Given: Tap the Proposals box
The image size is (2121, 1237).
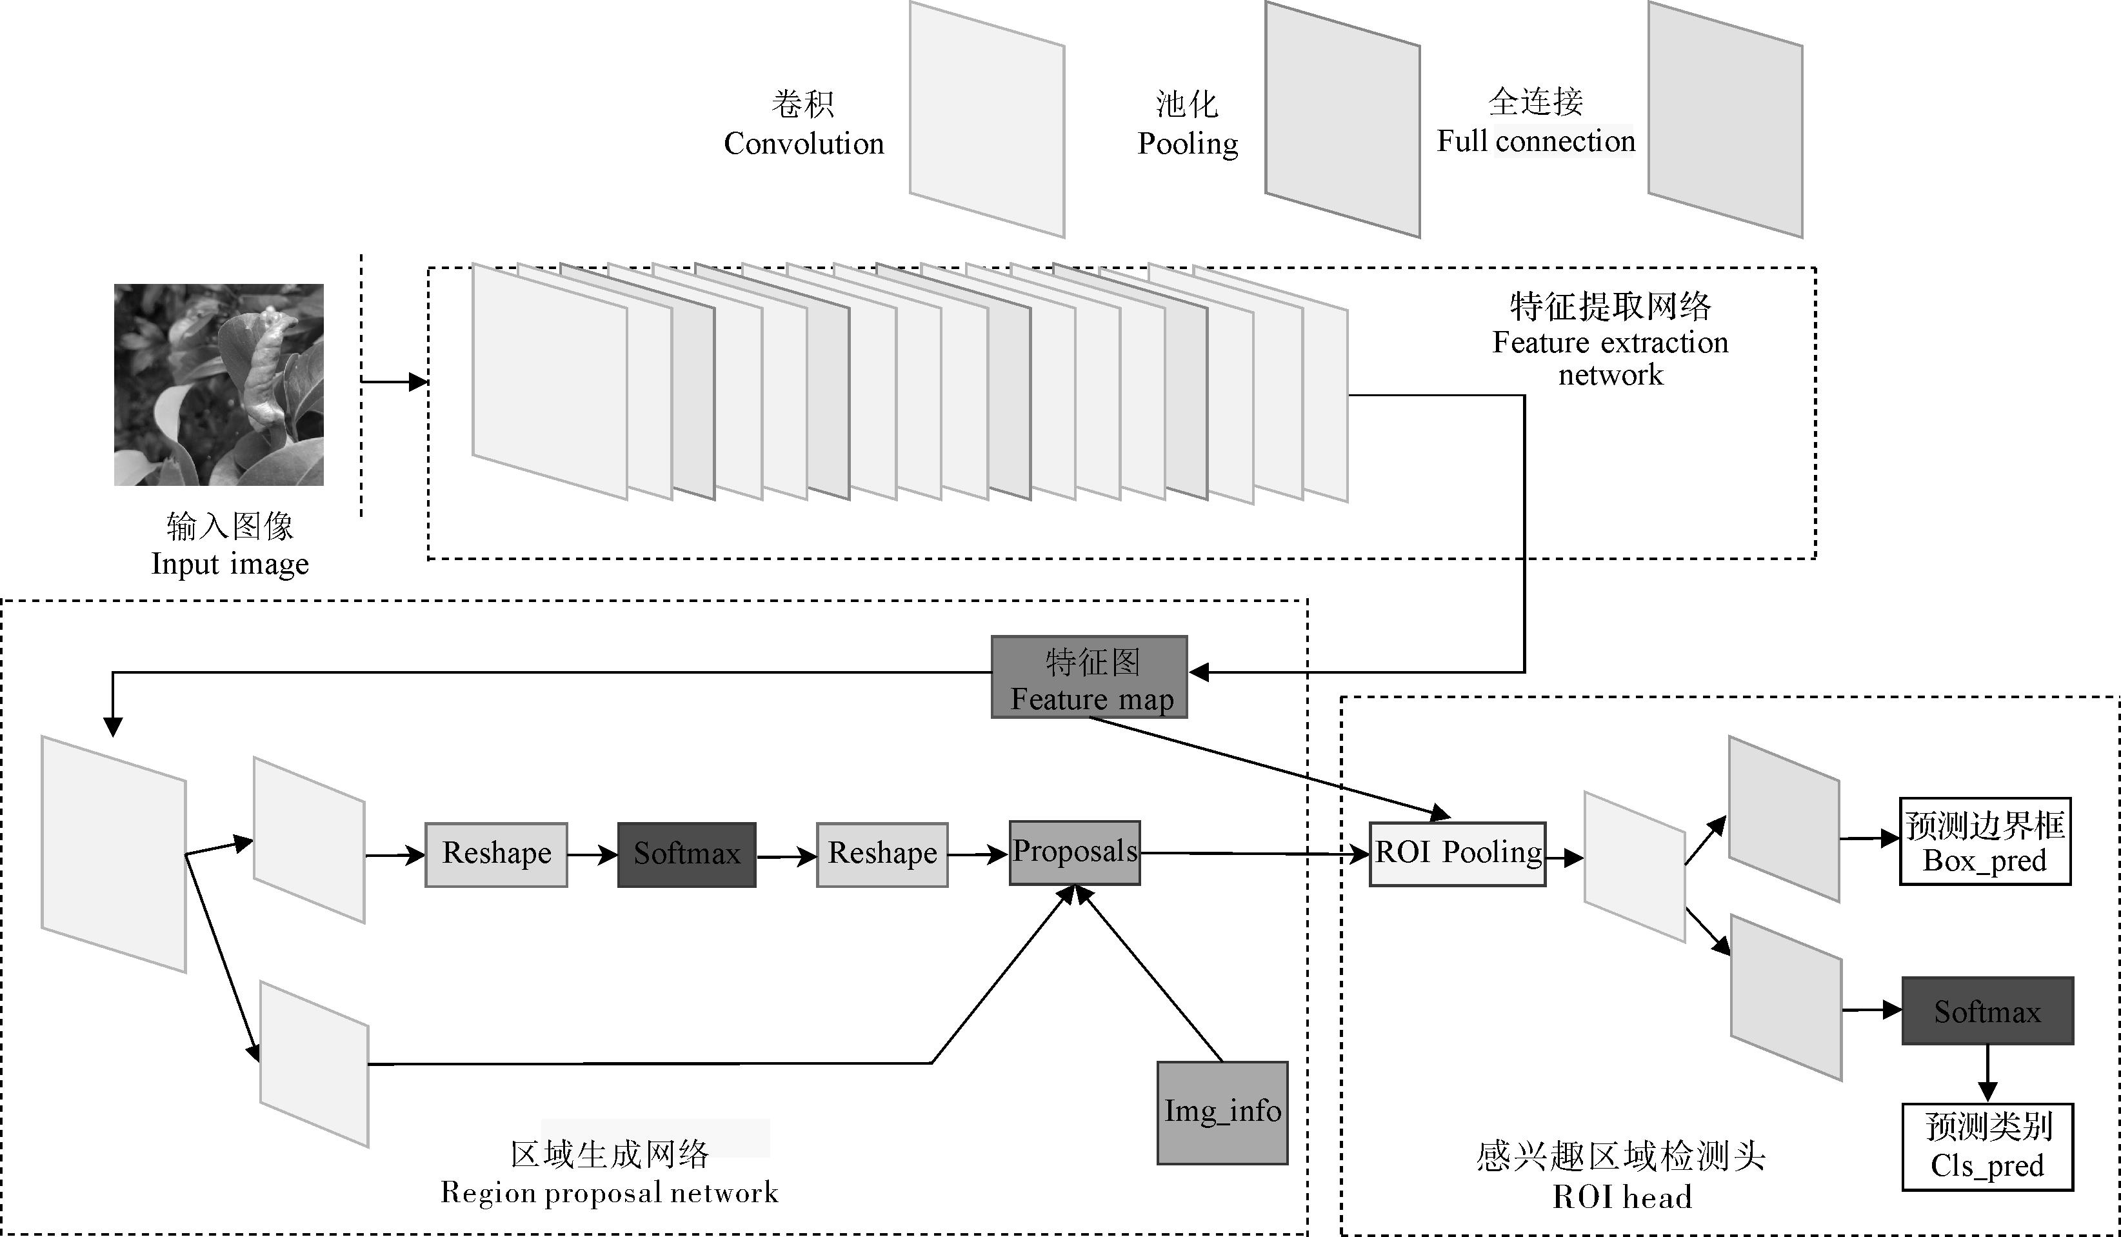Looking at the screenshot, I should (x=1074, y=852).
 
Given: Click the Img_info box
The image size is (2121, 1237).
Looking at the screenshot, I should (x=1222, y=1112).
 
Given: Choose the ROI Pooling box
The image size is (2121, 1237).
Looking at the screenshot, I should (x=1457, y=853).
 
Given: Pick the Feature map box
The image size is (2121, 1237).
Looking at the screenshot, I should (x=1089, y=677).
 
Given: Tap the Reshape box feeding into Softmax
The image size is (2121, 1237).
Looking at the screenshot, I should (x=496, y=854).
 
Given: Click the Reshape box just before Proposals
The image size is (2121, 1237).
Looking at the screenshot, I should (x=881, y=854).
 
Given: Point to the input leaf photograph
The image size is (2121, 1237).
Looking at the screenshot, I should (x=219, y=384).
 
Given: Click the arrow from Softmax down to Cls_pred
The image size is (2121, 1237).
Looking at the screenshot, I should (x=1987, y=1073).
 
